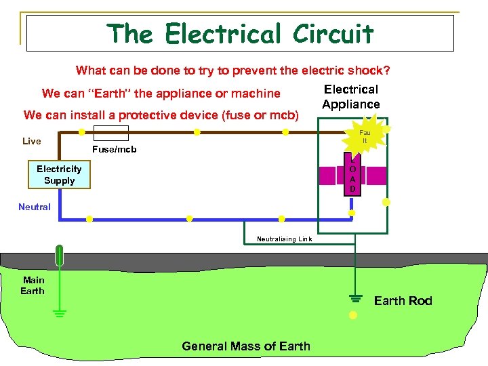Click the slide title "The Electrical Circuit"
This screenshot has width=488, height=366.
click(240, 33)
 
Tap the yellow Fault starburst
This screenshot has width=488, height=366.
click(365, 137)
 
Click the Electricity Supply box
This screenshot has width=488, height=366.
click(59, 175)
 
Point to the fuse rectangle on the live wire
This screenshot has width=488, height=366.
click(109, 132)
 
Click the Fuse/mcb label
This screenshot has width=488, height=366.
click(114, 149)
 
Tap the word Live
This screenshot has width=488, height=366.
click(32, 141)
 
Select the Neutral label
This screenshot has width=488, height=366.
click(35, 207)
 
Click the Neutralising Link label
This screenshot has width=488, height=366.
click(284, 239)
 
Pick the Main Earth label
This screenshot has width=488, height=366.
click(33, 285)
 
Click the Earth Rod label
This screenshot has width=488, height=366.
click(403, 301)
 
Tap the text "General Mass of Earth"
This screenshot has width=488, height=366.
click(246, 346)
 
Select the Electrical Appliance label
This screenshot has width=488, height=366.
click(351, 97)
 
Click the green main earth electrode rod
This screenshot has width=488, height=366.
click(60, 256)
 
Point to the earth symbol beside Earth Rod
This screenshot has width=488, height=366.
click(352, 299)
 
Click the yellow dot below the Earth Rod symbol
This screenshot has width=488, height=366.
click(352, 315)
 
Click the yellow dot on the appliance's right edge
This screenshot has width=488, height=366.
click(386, 202)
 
